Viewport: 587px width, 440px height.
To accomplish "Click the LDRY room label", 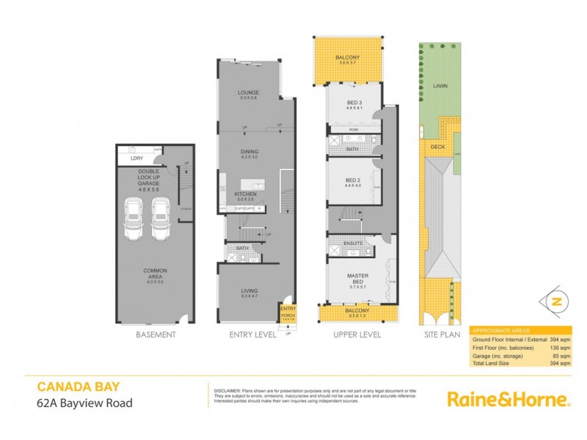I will coord(136,158).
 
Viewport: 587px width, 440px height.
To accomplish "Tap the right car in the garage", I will coord(163,219).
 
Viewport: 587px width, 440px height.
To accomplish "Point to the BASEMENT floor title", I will coord(155,334).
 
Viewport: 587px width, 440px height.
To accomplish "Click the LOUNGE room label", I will coord(249,93).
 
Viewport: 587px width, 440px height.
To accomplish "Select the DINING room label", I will coord(249,153).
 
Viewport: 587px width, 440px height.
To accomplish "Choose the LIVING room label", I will coord(249,291).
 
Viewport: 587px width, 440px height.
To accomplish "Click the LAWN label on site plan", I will coord(440,86).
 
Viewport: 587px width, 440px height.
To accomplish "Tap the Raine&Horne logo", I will coord(508,400).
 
